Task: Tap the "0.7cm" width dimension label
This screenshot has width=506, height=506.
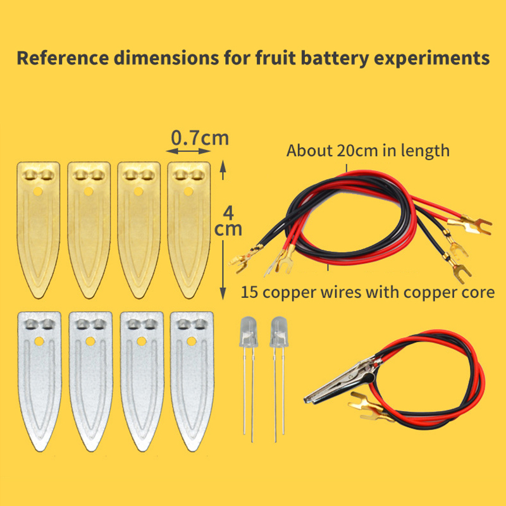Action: point(201,137)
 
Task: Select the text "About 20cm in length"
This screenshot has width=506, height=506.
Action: point(368,151)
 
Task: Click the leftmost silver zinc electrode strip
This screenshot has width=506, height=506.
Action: point(39,379)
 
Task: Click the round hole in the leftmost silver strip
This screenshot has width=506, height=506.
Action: point(39,342)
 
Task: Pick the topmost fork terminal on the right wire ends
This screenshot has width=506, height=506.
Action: point(465,224)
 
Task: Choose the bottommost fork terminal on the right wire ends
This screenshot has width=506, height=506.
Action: point(460,270)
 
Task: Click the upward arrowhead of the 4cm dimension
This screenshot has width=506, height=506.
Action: point(222,166)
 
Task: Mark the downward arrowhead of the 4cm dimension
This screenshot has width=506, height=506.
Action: point(222,292)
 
